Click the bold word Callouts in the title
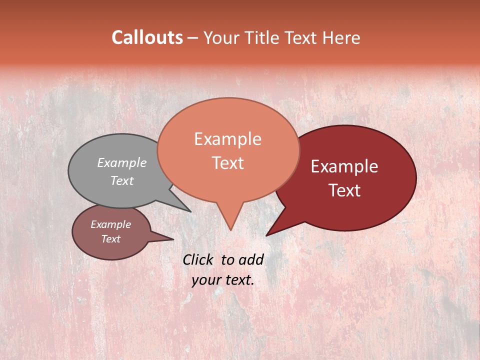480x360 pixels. tap(147, 37)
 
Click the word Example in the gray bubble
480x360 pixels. tap(122, 162)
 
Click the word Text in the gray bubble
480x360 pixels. tap(122, 180)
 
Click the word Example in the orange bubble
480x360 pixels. tap(227, 139)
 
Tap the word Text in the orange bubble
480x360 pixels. tap(227, 163)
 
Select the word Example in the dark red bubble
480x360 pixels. tap(344, 166)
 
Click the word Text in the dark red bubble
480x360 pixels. tap(344, 190)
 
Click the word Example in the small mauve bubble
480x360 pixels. tap(110, 224)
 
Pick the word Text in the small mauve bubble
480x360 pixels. tap(110, 239)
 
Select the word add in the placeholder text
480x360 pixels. tap(251, 259)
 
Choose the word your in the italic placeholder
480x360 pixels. tap(206, 280)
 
